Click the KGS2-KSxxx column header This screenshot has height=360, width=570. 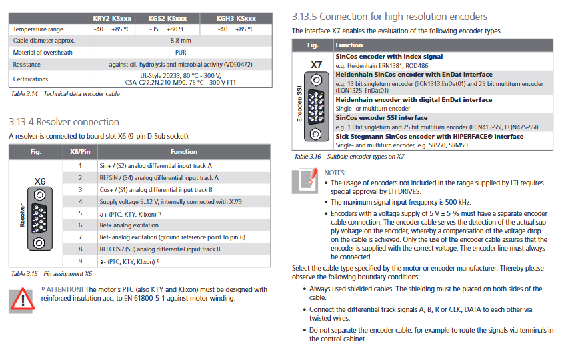click(x=167, y=18)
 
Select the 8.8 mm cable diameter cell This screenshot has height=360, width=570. click(x=180, y=41)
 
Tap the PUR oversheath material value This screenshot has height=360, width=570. click(x=181, y=53)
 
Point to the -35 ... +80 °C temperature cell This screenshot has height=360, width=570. click(x=167, y=29)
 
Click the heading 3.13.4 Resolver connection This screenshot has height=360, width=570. click(x=64, y=122)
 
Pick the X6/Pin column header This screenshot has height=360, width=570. click(x=80, y=151)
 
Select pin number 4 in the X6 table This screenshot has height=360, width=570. click(x=81, y=201)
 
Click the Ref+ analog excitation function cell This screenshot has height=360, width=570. click(x=129, y=225)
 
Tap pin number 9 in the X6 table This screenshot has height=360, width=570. click(x=81, y=261)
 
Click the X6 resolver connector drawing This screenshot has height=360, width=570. click(x=39, y=219)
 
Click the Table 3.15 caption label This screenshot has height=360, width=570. click(x=25, y=274)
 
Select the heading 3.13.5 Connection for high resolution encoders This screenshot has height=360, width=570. click(x=389, y=17)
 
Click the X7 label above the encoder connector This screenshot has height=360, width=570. click(x=316, y=65)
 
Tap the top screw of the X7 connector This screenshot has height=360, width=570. click(x=316, y=79)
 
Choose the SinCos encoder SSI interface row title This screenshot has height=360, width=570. click(x=381, y=118)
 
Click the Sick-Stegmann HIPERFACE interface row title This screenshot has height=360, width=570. click(x=429, y=137)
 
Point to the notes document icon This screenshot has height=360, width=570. click(x=305, y=181)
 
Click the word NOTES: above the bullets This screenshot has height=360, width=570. click(x=335, y=173)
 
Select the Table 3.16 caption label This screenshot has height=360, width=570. click(x=307, y=157)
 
